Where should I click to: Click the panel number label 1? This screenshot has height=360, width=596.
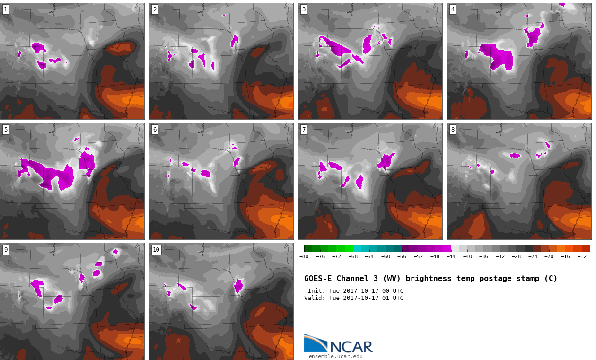[6, 9]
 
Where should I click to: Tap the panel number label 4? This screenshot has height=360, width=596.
[453, 9]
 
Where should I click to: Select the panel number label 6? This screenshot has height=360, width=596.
[155, 130]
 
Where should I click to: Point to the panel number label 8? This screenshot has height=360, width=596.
[453, 130]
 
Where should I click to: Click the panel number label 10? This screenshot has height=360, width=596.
[156, 250]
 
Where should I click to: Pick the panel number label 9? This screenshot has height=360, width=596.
[6, 250]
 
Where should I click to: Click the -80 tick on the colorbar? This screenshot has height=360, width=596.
[304, 256]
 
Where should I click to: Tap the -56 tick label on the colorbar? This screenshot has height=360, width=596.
[402, 256]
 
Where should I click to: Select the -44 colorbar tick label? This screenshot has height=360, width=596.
[451, 256]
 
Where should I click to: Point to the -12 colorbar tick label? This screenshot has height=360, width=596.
[582, 256]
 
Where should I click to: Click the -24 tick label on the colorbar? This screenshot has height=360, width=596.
[533, 256]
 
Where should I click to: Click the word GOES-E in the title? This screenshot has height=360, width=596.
[318, 278]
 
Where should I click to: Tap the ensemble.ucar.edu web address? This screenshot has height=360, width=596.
[335, 356]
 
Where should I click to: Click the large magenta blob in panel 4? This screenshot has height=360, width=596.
[496, 57]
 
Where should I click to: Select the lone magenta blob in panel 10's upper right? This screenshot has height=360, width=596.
[238, 286]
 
